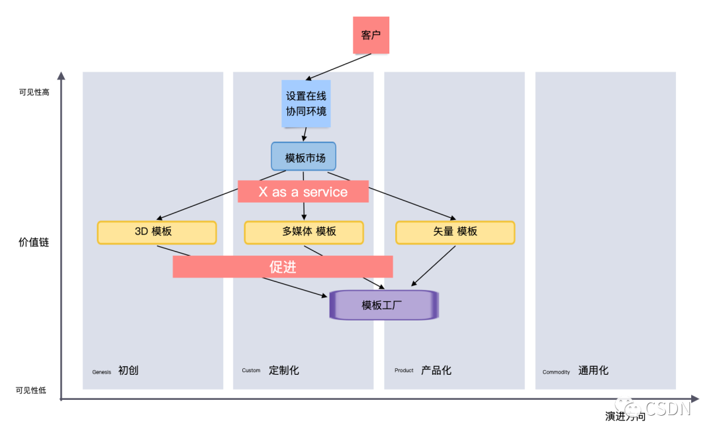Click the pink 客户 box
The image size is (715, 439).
pos(371,35)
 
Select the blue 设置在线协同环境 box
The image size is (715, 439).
pos(306,104)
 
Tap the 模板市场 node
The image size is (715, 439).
pos(303,157)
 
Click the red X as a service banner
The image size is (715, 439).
pos(303,192)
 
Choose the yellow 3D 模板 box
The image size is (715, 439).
pos(157,232)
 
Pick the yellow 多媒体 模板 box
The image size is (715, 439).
pos(304,232)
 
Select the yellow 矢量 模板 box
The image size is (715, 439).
pos(455,232)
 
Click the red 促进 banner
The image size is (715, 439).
pos(283,267)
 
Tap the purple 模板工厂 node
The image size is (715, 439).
pos(384,305)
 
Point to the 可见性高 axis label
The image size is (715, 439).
pos(34,92)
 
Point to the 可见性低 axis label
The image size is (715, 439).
pos(31,391)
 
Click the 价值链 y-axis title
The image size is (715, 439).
pos(34,242)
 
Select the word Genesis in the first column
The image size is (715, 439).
pos(102,372)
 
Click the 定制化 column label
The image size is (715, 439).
pos(284,370)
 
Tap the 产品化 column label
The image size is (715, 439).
pos(436,370)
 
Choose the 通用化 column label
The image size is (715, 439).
pos(593,371)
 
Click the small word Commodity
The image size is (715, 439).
pos(556,372)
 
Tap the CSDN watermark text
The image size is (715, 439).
pos(667,408)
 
